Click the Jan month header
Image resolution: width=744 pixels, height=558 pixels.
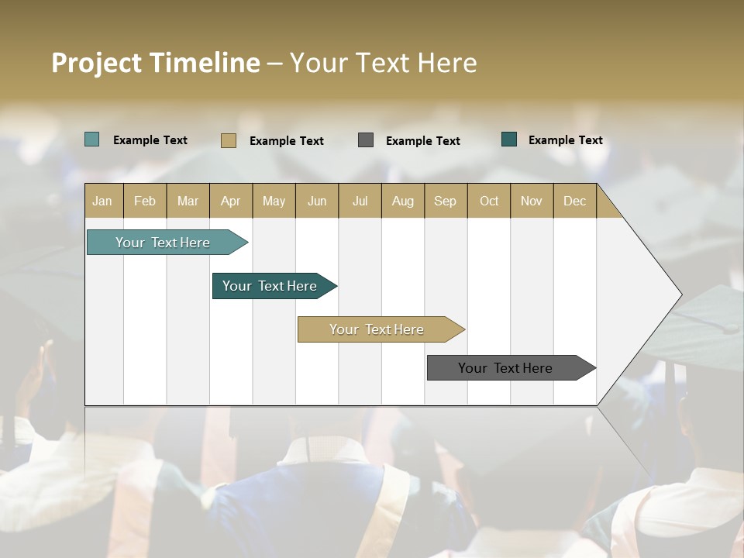103,201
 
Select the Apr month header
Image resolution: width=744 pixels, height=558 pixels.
231,201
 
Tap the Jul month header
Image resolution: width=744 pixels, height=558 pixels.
360,201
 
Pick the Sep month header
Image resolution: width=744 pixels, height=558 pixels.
445,201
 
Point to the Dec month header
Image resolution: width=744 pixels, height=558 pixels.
574,201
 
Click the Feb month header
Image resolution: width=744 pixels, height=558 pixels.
145,201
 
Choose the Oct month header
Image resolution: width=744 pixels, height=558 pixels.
489,201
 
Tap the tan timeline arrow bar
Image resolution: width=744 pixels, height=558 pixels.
378,329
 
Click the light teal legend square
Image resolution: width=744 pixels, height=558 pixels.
91,139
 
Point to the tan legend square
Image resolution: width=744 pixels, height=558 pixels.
228,140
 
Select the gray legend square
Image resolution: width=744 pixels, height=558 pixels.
366,139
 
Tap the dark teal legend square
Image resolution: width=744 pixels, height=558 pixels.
509,139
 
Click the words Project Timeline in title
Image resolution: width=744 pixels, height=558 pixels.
156,63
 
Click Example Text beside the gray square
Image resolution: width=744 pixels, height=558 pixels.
422,140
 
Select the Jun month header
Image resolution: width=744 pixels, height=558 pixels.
317,201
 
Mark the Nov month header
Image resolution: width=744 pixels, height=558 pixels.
532,201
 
